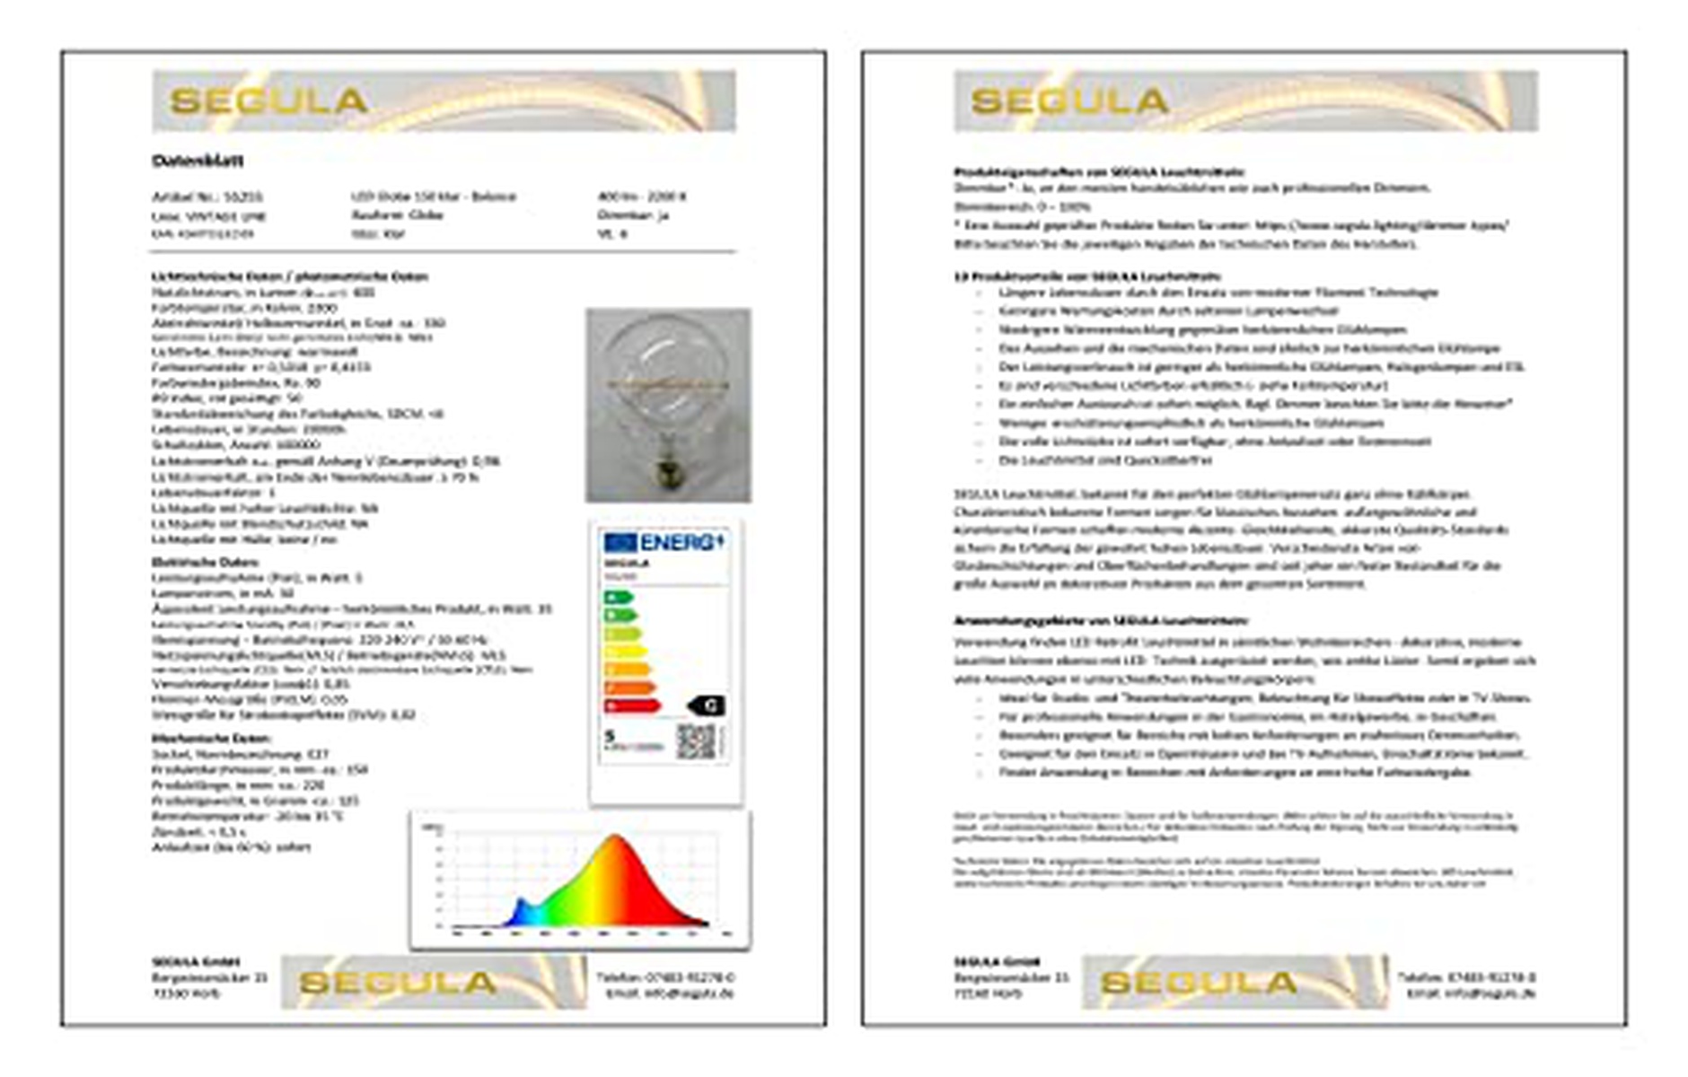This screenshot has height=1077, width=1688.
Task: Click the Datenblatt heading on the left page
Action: coord(198,161)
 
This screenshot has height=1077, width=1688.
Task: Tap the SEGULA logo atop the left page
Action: coord(268,101)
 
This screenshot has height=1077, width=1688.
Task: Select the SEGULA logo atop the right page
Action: coord(1069,101)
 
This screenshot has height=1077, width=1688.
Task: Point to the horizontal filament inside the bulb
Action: coord(668,384)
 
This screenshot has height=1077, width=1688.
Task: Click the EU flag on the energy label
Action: coord(620,542)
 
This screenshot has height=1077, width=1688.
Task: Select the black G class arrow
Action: coord(707,705)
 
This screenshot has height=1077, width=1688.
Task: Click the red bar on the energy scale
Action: coord(632,706)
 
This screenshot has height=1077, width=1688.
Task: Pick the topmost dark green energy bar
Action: coord(618,598)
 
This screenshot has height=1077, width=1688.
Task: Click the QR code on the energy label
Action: coord(695,741)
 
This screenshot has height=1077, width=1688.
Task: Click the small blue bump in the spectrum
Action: coord(520,908)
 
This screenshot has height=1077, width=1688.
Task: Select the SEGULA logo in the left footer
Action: coord(397,983)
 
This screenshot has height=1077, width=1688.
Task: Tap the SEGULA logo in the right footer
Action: coord(1199,983)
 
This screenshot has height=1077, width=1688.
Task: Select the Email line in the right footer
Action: coord(1471,994)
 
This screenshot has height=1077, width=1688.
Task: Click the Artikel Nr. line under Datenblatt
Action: coord(207,197)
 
